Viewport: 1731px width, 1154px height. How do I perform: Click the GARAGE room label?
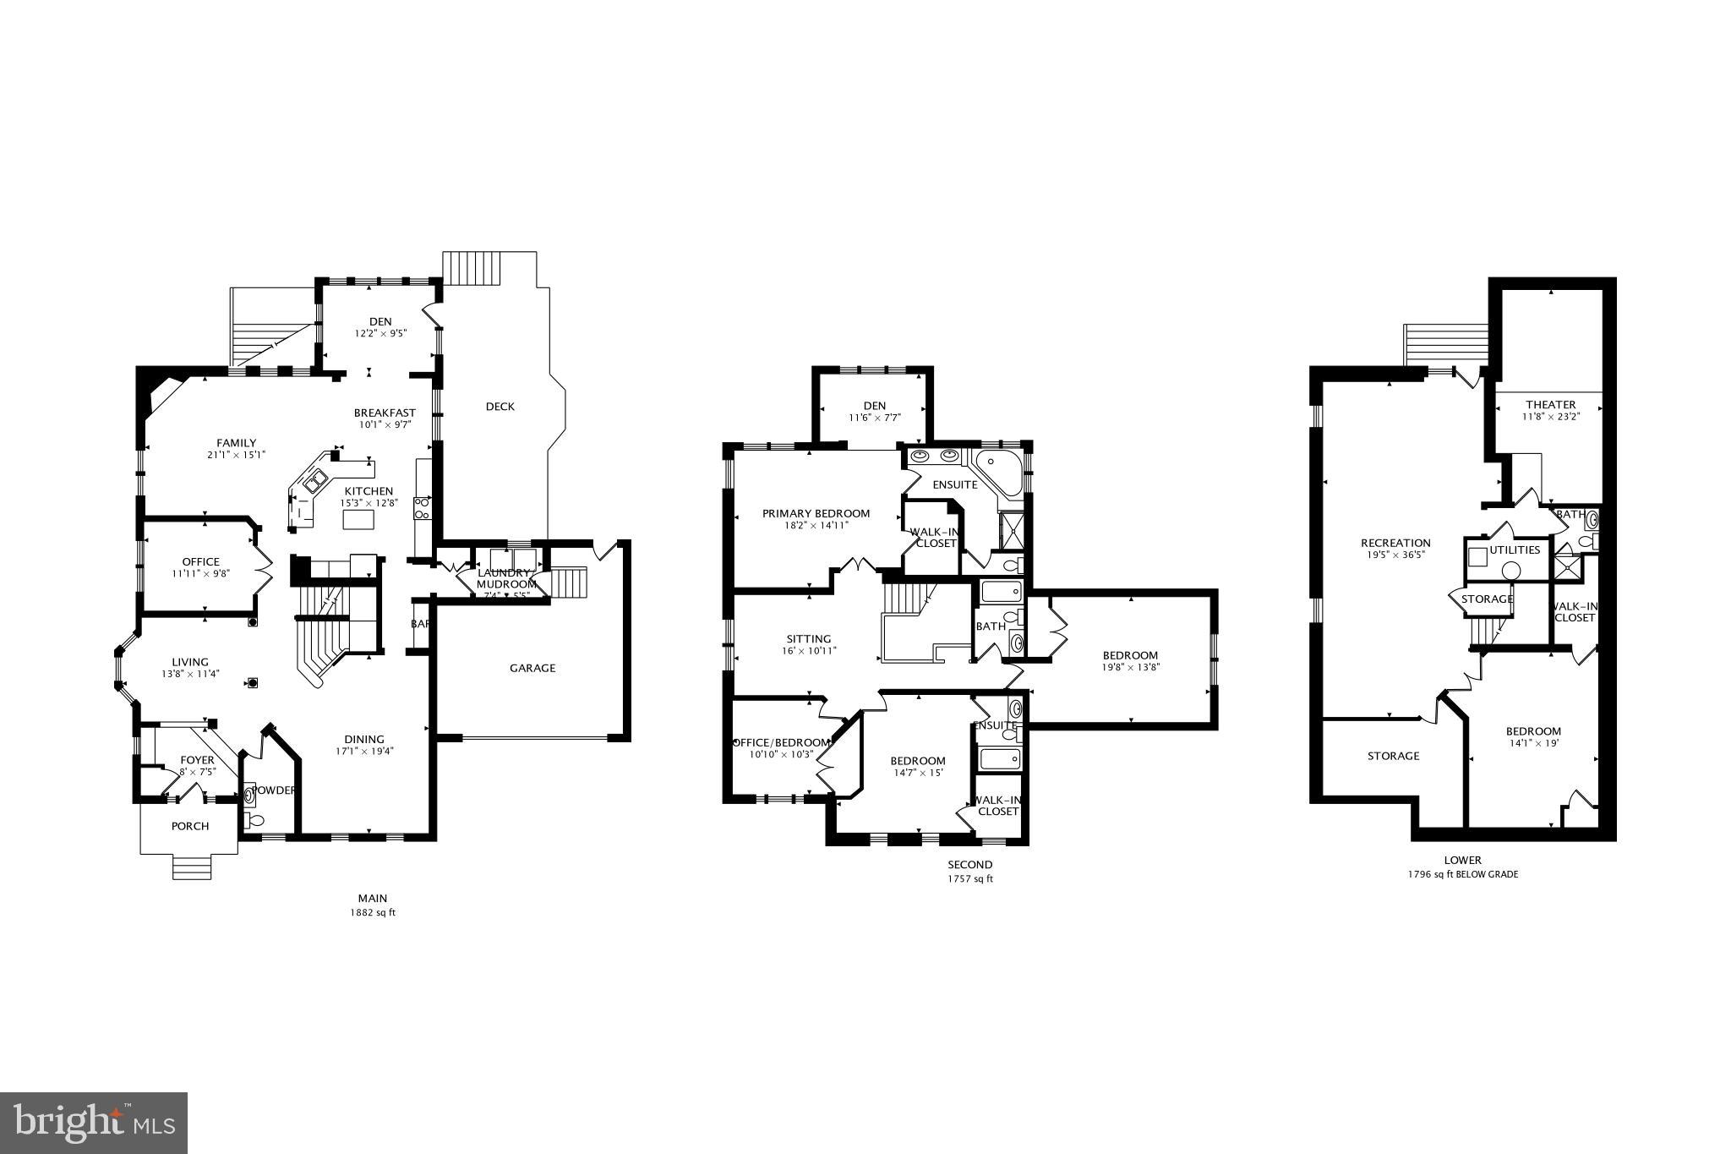click(x=532, y=668)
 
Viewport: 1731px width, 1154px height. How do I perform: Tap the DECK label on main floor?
click(x=500, y=407)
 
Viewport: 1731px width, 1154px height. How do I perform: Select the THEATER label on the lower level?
click(x=1551, y=404)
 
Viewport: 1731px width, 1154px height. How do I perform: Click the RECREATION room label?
click(x=1395, y=543)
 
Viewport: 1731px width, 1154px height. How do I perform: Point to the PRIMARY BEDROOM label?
click(x=816, y=513)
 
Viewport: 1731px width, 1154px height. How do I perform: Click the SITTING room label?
click(x=809, y=638)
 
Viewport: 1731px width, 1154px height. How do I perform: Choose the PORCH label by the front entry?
click(x=190, y=826)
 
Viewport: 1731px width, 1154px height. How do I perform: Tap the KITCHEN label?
click(x=369, y=491)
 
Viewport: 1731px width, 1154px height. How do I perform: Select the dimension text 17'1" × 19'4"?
click(x=365, y=751)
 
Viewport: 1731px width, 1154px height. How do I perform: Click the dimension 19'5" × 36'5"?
click(x=1395, y=555)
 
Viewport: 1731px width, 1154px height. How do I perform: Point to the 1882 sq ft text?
click(x=373, y=913)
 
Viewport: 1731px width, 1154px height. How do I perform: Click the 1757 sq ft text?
click(x=970, y=879)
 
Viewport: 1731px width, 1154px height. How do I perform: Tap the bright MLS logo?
click(x=94, y=1123)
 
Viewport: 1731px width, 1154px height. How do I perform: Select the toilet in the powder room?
click(x=256, y=819)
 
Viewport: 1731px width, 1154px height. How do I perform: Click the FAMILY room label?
click(x=236, y=443)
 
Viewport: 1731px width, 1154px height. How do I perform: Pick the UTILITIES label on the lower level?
click(x=1515, y=550)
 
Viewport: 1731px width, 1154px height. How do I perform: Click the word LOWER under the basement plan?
click(x=1462, y=861)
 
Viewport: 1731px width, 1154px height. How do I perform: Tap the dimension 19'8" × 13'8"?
click(x=1130, y=667)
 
